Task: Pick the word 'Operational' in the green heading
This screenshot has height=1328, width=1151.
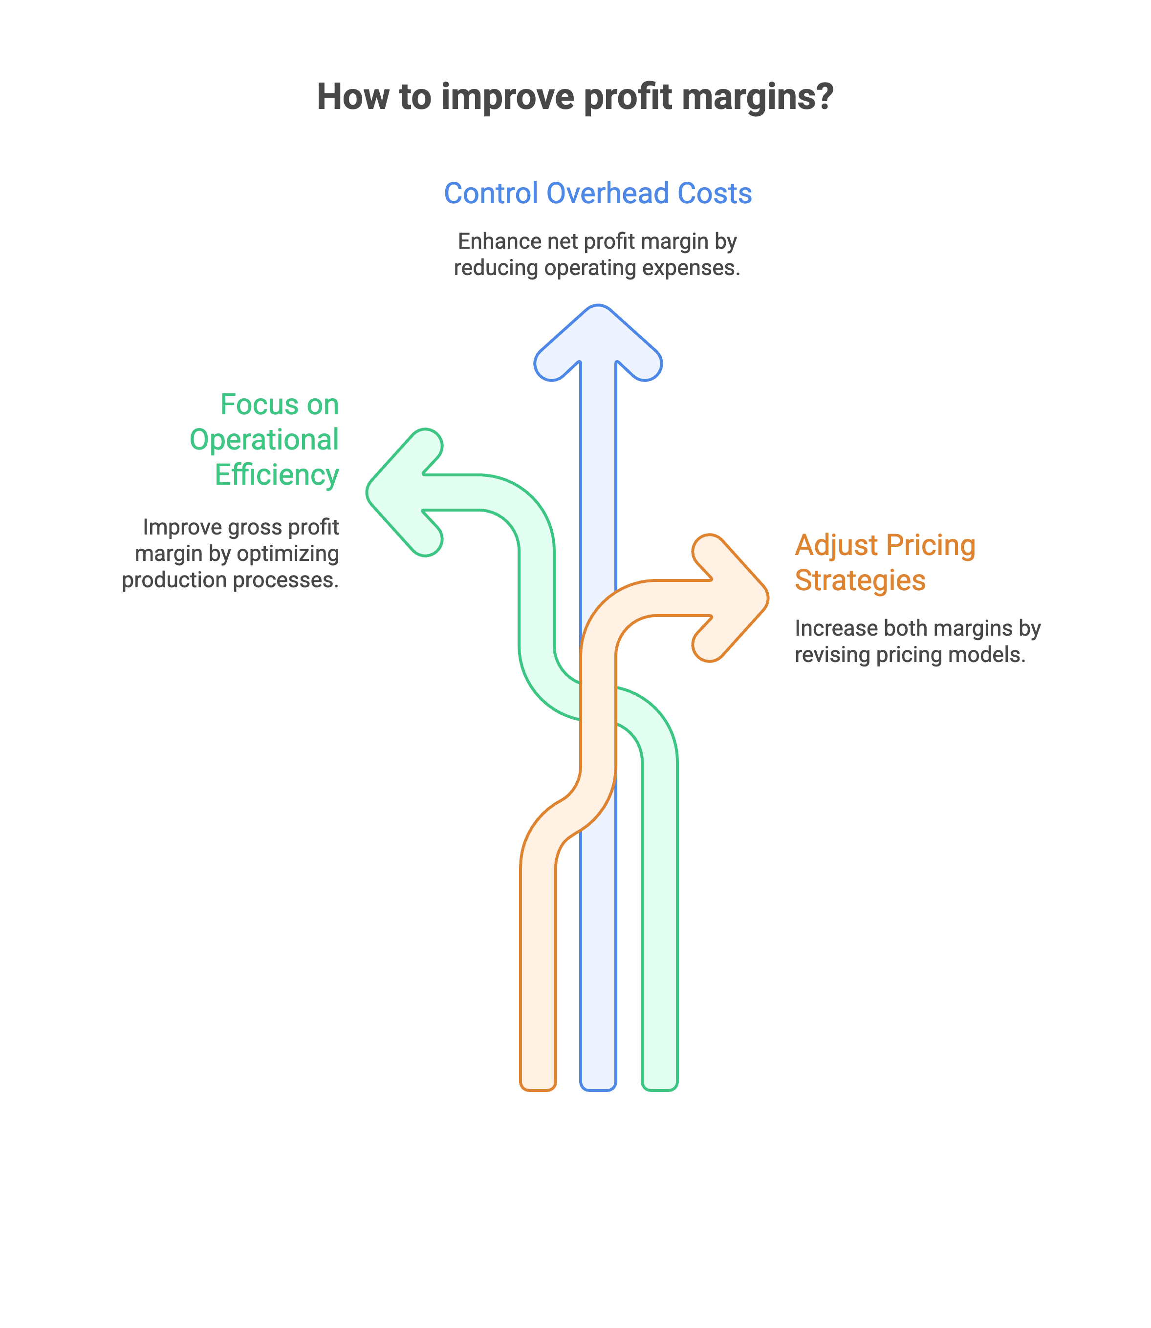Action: pyautogui.click(x=264, y=440)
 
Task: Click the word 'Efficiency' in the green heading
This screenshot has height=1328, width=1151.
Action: pyautogui.click(x=276, y=475)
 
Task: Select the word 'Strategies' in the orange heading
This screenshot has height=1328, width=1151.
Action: pyautogui.click(x=860, y=580)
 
